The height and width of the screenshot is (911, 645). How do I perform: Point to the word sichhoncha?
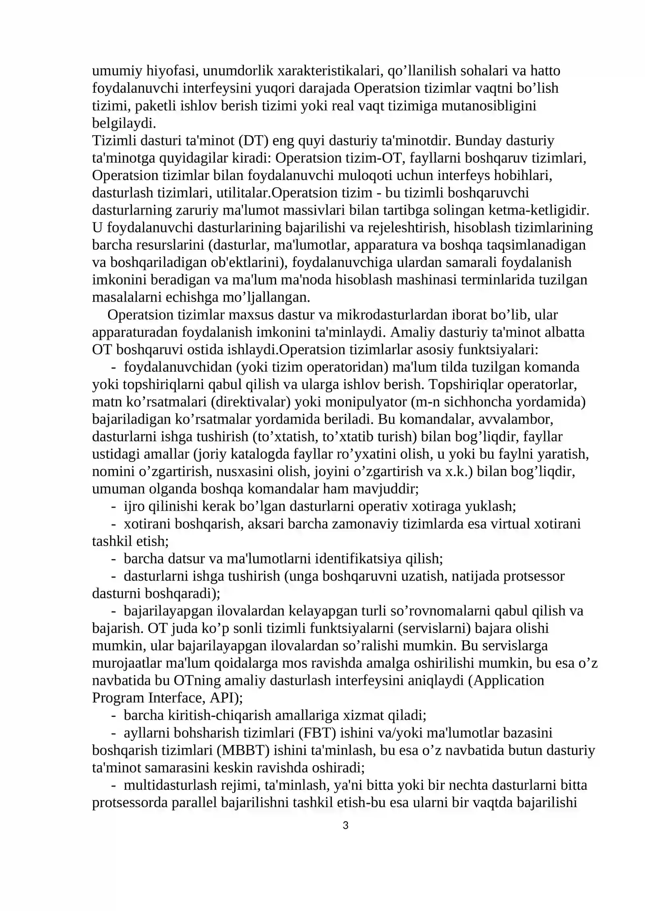click(x=506, y=402)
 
